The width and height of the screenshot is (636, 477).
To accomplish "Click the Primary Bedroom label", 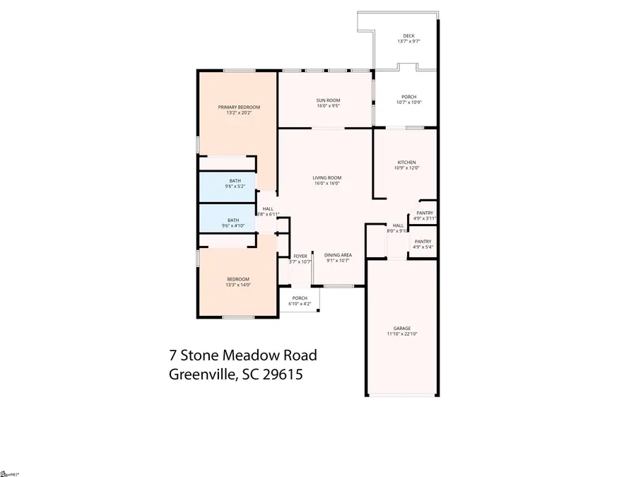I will [238, 107].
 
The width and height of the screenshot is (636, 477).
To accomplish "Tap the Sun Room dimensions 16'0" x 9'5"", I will [328, 107].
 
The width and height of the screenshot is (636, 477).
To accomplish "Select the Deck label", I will [408, 36].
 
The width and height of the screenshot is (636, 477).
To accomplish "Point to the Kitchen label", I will [406, 163].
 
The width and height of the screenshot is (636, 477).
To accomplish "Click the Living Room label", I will [328, 177].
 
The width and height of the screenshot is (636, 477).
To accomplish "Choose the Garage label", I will [402, 329].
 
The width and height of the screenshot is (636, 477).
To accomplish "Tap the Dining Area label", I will [338, 255].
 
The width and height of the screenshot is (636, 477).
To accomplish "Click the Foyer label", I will [300, 256].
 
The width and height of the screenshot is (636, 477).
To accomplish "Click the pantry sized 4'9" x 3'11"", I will [425, 216].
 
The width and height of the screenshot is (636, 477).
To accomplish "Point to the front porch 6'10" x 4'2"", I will [300, 301].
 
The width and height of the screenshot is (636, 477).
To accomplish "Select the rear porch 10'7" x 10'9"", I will [408, 100].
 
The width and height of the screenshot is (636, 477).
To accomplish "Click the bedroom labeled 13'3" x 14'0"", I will [237, 282].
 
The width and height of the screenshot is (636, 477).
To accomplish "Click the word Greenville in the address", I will [199, 375].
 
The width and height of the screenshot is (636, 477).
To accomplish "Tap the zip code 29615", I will [283, 375].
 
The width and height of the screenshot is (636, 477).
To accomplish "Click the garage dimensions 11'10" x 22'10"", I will [402, 334].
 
